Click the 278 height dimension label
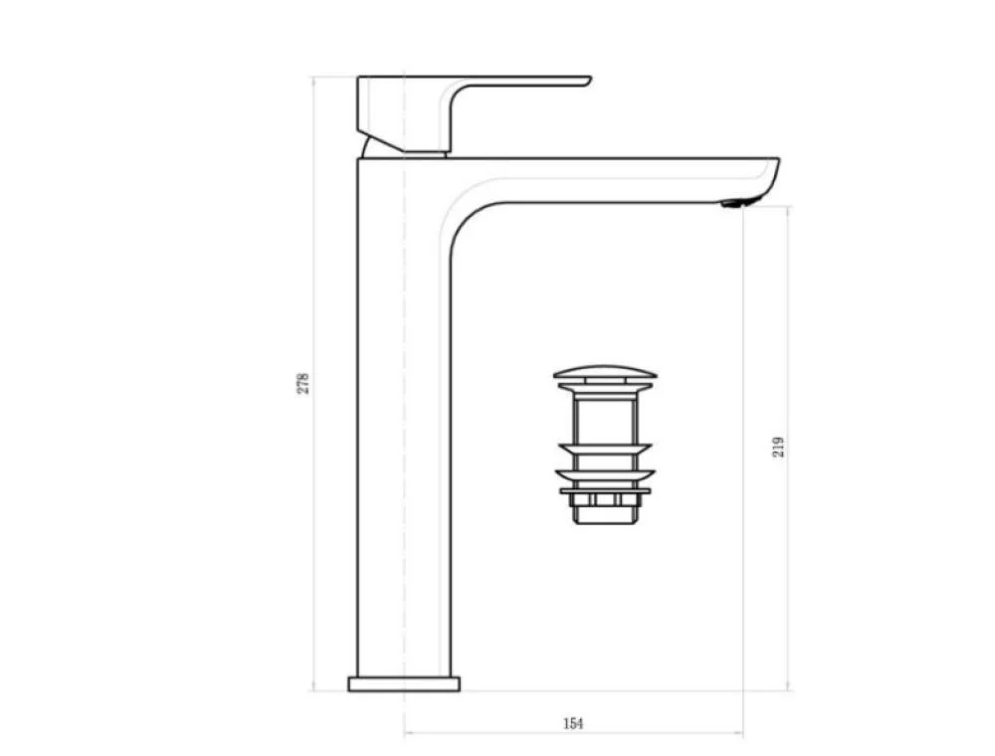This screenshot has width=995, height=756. pos(303,383)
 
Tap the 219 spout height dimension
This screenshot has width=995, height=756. pos(779,447)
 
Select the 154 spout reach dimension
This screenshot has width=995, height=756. pos(573,723)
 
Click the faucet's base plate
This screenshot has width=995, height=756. pos(404,683)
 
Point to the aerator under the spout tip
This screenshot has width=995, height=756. pos(732,204)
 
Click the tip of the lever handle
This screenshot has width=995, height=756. pos(589,80)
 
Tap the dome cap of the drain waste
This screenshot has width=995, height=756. pos(605,372)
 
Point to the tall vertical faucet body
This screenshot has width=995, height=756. pos(404,419)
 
